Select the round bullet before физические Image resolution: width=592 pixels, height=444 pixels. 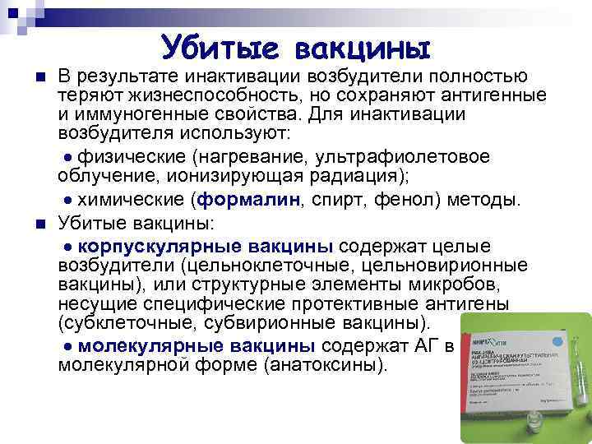[68, 157]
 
